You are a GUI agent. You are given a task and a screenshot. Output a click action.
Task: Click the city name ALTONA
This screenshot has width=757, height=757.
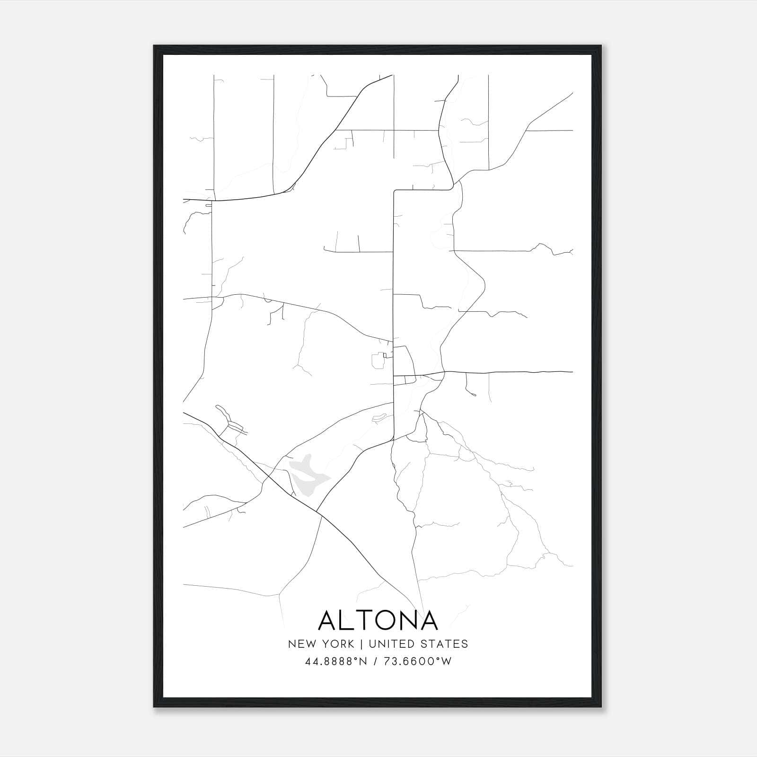click(378, 620)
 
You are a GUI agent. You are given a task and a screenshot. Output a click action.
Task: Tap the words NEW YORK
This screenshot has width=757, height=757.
click(321, 644)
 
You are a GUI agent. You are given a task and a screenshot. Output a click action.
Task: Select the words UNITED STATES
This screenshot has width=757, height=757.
click(418, 644)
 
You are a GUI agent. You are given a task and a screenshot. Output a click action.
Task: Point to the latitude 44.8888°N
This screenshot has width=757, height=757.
click(336, 661)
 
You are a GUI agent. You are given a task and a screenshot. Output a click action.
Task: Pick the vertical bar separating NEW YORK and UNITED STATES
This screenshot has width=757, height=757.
click(361, 644)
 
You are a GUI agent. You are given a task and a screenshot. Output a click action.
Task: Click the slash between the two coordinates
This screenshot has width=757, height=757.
click(375, 661)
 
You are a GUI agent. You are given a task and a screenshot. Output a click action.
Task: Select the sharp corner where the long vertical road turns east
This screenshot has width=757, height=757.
click(394, 191)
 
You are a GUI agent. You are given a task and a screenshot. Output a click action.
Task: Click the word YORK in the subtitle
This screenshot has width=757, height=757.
click(339, 644)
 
